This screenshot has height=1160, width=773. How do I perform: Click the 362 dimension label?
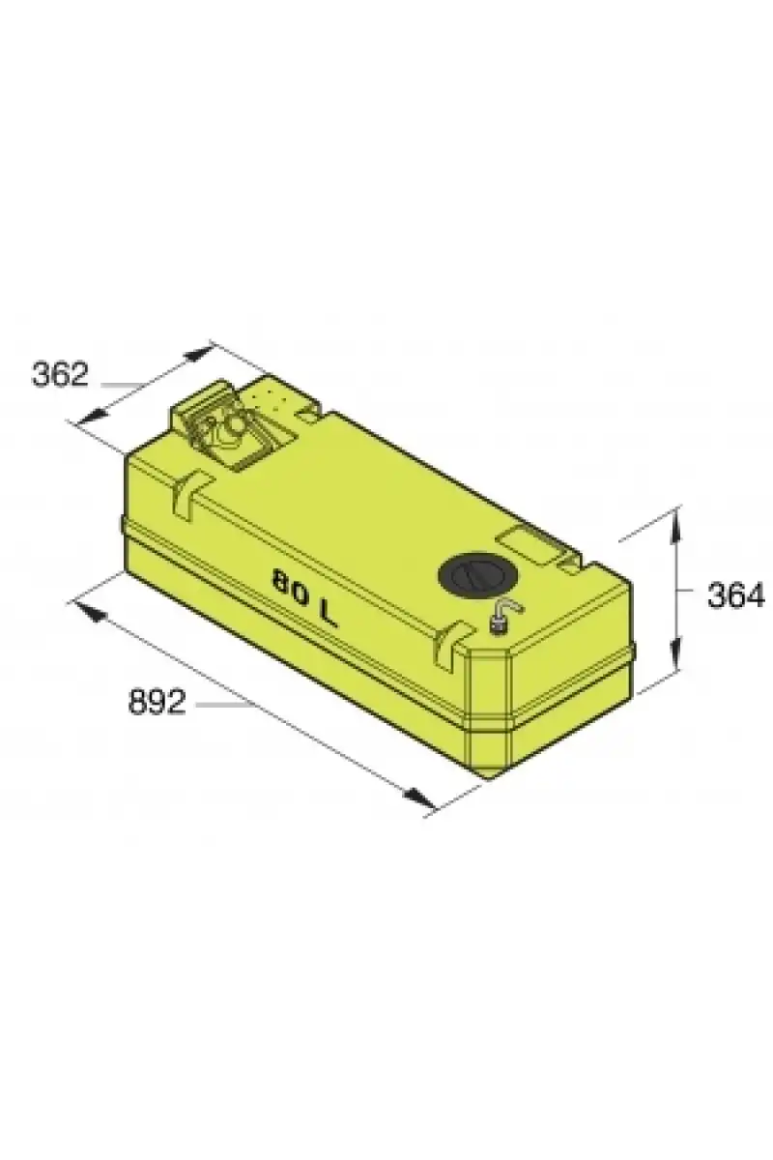61,375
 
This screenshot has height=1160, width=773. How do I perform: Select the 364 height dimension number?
735,596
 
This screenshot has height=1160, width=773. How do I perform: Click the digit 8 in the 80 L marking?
282,583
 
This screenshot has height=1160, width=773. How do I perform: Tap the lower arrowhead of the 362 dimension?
95,416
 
